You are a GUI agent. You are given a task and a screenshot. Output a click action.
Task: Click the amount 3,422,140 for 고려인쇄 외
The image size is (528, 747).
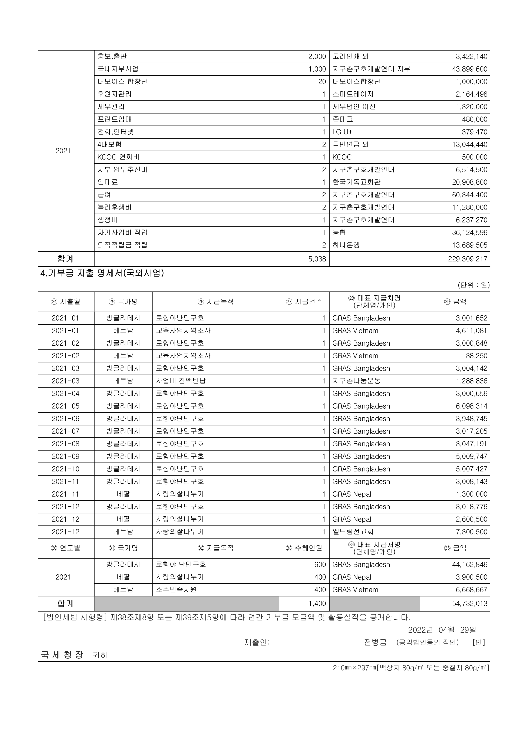[x=471, y=57]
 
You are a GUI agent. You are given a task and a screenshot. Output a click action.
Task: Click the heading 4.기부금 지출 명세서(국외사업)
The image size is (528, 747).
[x=102, y=273]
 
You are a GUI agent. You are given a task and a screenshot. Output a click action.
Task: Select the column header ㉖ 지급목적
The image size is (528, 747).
[x=215, y=302]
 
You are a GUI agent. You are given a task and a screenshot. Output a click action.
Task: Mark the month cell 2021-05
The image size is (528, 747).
[x=66, y=406]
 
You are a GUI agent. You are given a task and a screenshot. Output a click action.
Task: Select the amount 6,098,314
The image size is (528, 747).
[x=471, y=406]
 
